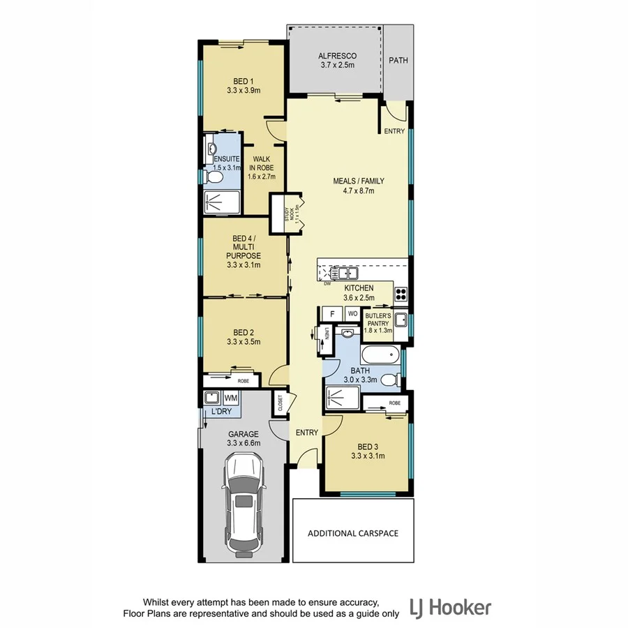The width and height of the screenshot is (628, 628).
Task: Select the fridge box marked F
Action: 332,314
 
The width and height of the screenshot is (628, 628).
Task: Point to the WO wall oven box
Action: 352,314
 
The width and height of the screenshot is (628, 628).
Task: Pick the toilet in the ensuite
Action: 215,179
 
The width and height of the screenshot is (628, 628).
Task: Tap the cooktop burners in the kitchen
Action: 402,292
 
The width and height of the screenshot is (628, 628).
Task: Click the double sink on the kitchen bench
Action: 345,271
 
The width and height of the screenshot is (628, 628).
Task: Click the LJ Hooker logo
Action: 450,607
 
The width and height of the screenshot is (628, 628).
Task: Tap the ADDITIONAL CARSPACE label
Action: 353,533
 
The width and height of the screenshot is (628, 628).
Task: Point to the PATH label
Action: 398,61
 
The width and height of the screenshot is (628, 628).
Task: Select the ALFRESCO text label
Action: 338,56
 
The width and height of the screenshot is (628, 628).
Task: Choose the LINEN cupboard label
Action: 325,336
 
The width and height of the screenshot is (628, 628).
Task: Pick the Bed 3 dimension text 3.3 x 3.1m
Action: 366,456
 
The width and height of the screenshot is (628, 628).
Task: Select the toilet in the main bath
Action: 394,380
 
